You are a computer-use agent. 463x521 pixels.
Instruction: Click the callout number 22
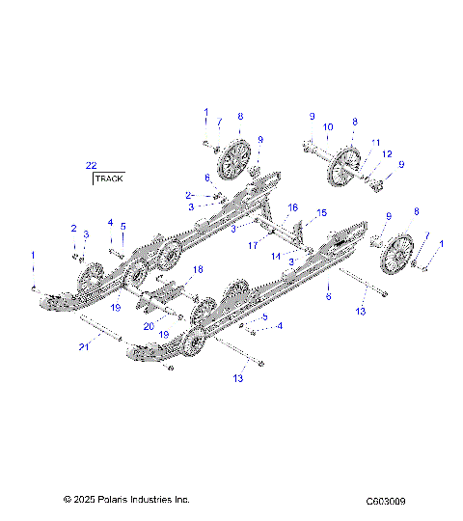coord(91,165)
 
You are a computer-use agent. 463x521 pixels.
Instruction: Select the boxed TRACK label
coord(108,178)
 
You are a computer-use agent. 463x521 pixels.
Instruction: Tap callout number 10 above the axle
coord(328,126)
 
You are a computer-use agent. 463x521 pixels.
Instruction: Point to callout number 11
coord(376,142)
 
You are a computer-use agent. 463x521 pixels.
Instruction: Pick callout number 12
coord(387,154)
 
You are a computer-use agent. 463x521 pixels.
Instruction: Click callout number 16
coord(293,207)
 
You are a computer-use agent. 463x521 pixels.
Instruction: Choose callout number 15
coord(322,212)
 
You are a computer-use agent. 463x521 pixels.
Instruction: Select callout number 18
coord(198,269)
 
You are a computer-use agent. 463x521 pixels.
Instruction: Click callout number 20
coord(149,325)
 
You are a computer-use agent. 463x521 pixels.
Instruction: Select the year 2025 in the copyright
coord(85,500)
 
